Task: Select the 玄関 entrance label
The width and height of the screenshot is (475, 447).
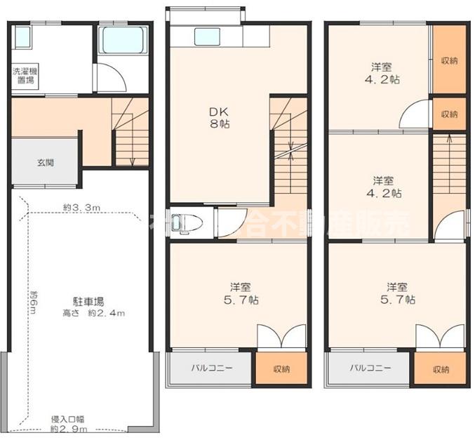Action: pyautogui.click(x=45, y=162)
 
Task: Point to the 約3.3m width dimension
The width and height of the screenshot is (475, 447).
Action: pyautogui.click(x=81, y=207)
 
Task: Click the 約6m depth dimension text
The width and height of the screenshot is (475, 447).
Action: pyautogui.click(x=32, y=302)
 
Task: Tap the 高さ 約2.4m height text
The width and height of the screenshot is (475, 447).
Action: pyautogui.click(x=89, y=313)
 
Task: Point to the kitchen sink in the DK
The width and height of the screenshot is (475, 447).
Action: pyautogui.click(x=206, y=36)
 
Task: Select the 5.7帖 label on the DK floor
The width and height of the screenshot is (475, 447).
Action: pyautogui.click(x=241, y=293)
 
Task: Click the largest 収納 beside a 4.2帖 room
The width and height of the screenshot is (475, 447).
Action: pyautogui.click(x=449, y=60)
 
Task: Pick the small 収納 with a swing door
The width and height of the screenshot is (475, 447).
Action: pyautogui.click(x=449, y=114)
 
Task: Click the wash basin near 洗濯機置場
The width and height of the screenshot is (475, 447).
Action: pyautogui.click(x=22, y=37)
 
